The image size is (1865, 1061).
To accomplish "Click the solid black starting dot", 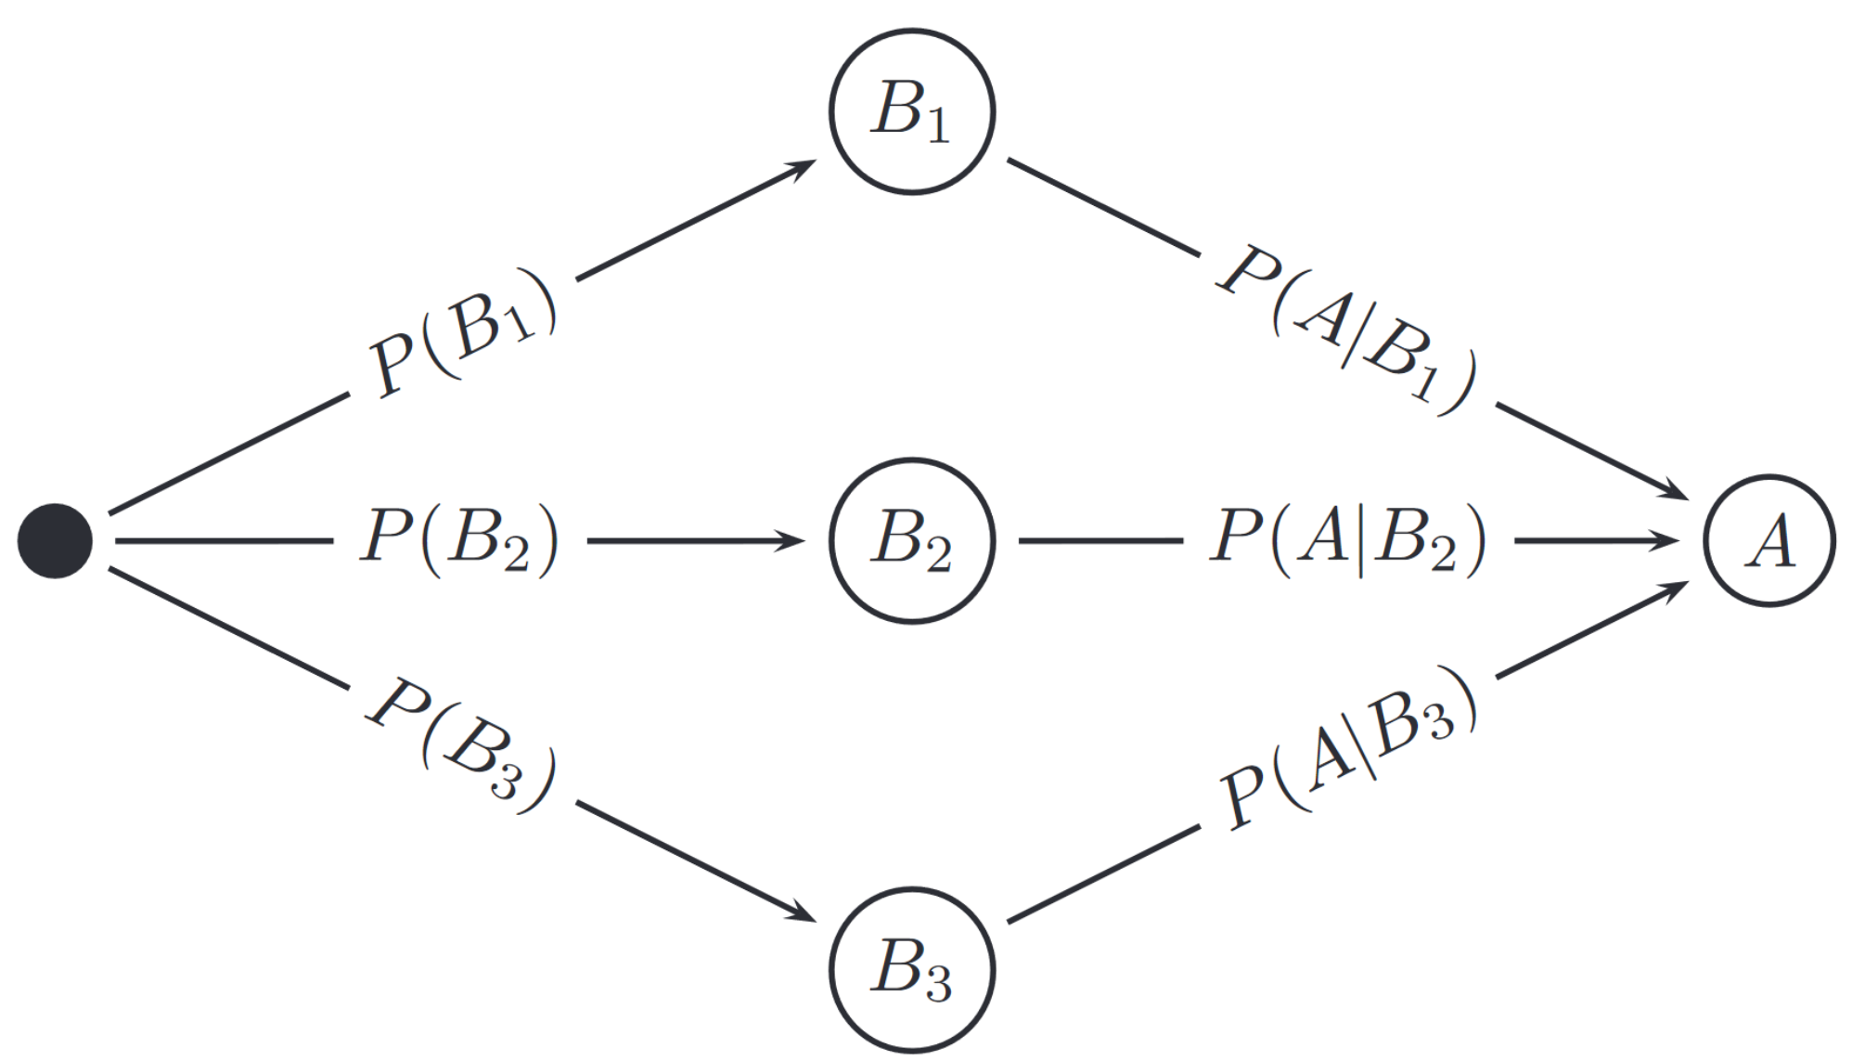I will pos(55,540).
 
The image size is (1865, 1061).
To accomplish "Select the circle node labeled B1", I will pos(911,111).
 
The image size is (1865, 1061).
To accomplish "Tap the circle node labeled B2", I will pos(911,540).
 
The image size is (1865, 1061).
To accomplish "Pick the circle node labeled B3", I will pos(911,969).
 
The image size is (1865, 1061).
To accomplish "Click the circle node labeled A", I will pos(1769,540).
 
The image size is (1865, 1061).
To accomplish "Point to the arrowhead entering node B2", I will pos(793,540).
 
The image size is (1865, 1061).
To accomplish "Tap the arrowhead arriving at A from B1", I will pos(1676,492).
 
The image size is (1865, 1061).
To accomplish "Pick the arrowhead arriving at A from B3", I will pos(1676,589).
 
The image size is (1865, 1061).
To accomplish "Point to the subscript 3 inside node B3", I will pos(938,985).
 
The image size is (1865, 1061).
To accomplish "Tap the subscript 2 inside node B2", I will pos(938,556).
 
